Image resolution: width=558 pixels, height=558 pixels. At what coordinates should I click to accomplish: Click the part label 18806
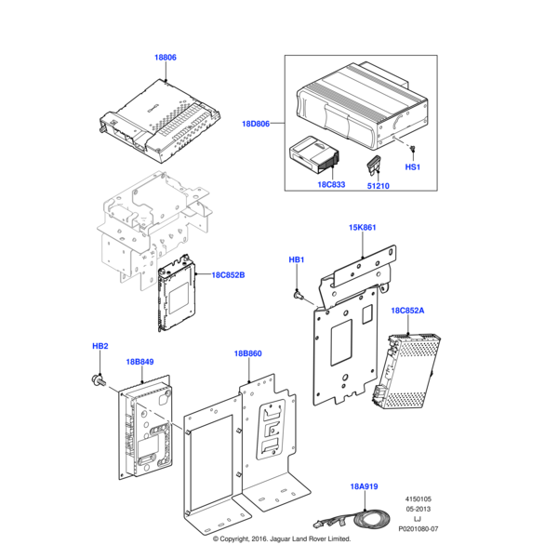[x=165, y=58]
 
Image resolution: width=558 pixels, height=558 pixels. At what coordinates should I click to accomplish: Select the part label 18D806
[x=256, y=123]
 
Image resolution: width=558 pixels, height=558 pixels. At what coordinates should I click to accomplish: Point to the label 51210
[x=378, y=184]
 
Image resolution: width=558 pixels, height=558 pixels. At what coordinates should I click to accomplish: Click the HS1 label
[x=412, y=167]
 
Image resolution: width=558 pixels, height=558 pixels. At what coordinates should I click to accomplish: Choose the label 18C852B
[x=228, y=275]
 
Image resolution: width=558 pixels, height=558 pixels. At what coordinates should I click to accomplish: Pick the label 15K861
[x=363, y=227]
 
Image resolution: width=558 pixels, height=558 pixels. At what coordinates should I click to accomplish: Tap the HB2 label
[x=100, y=346]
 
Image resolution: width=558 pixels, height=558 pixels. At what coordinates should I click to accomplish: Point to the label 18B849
[x=139, y=361]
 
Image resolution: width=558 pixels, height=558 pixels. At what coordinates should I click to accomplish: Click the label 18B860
[x=248, y=353]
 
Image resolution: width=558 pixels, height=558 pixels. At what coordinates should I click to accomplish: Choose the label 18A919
[x=365, y=485]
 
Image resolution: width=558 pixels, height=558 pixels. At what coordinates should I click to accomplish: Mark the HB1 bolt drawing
[x=298, y=295]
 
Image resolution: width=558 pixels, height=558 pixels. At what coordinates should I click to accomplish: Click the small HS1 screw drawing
[x=411, y=149]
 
